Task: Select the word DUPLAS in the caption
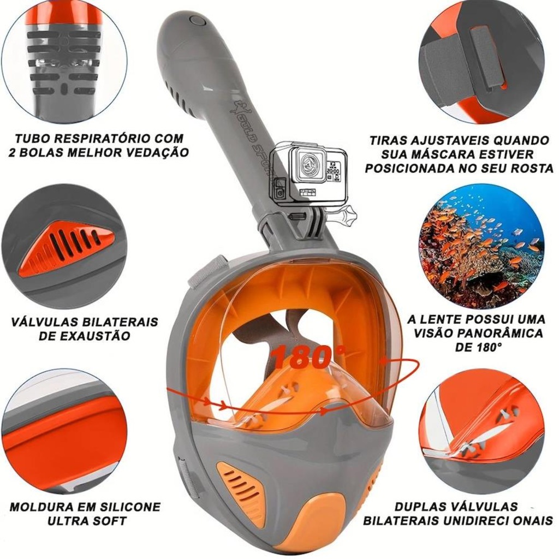[x=418, y=507]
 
